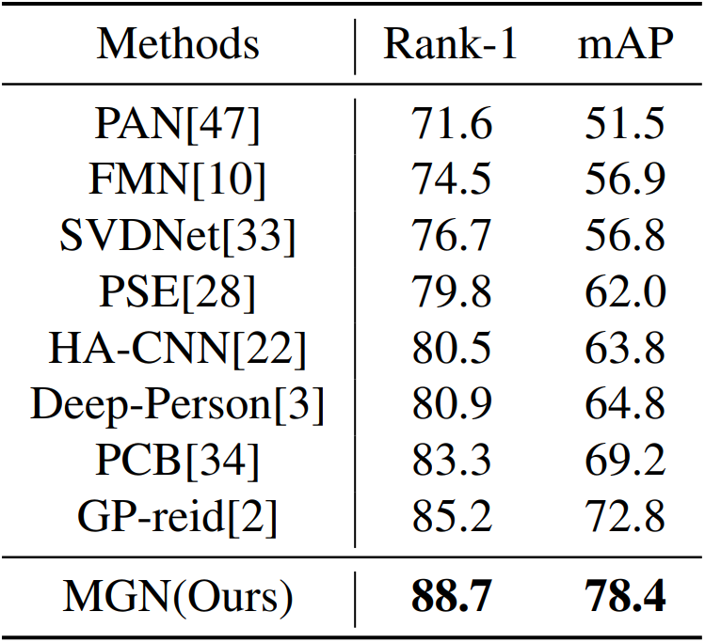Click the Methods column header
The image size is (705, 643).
[178, 44]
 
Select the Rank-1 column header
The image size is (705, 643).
[451, 44]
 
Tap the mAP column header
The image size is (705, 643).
[625, 44]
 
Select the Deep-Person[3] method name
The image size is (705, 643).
[178, 405]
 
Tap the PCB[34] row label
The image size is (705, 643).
[178, 461]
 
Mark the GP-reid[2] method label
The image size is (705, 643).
[178, 517]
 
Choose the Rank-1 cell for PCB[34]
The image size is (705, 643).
[451, 461]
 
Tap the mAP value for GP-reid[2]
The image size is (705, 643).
[625, 517]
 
